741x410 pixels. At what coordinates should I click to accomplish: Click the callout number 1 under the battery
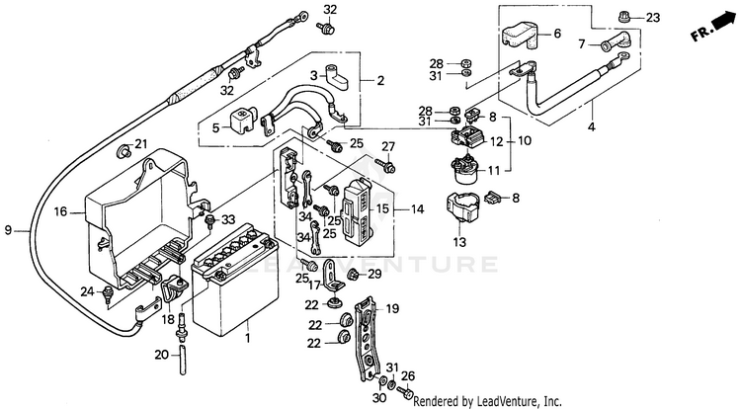point(247,339)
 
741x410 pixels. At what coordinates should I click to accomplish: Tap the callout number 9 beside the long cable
point(8,230)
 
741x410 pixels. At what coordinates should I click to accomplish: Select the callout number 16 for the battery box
point(59,211)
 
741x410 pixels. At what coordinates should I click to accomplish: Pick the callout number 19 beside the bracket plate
point(391,309)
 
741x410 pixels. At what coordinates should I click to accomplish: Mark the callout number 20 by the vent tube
point(161,354)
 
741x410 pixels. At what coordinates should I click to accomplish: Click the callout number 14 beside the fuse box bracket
point(418,209)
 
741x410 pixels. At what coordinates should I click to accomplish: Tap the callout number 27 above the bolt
point(388,147)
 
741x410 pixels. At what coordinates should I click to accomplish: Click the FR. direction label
point(702,33)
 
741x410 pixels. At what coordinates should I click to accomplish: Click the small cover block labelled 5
point(238,123)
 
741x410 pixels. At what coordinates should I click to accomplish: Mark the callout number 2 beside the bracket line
point(380,81)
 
